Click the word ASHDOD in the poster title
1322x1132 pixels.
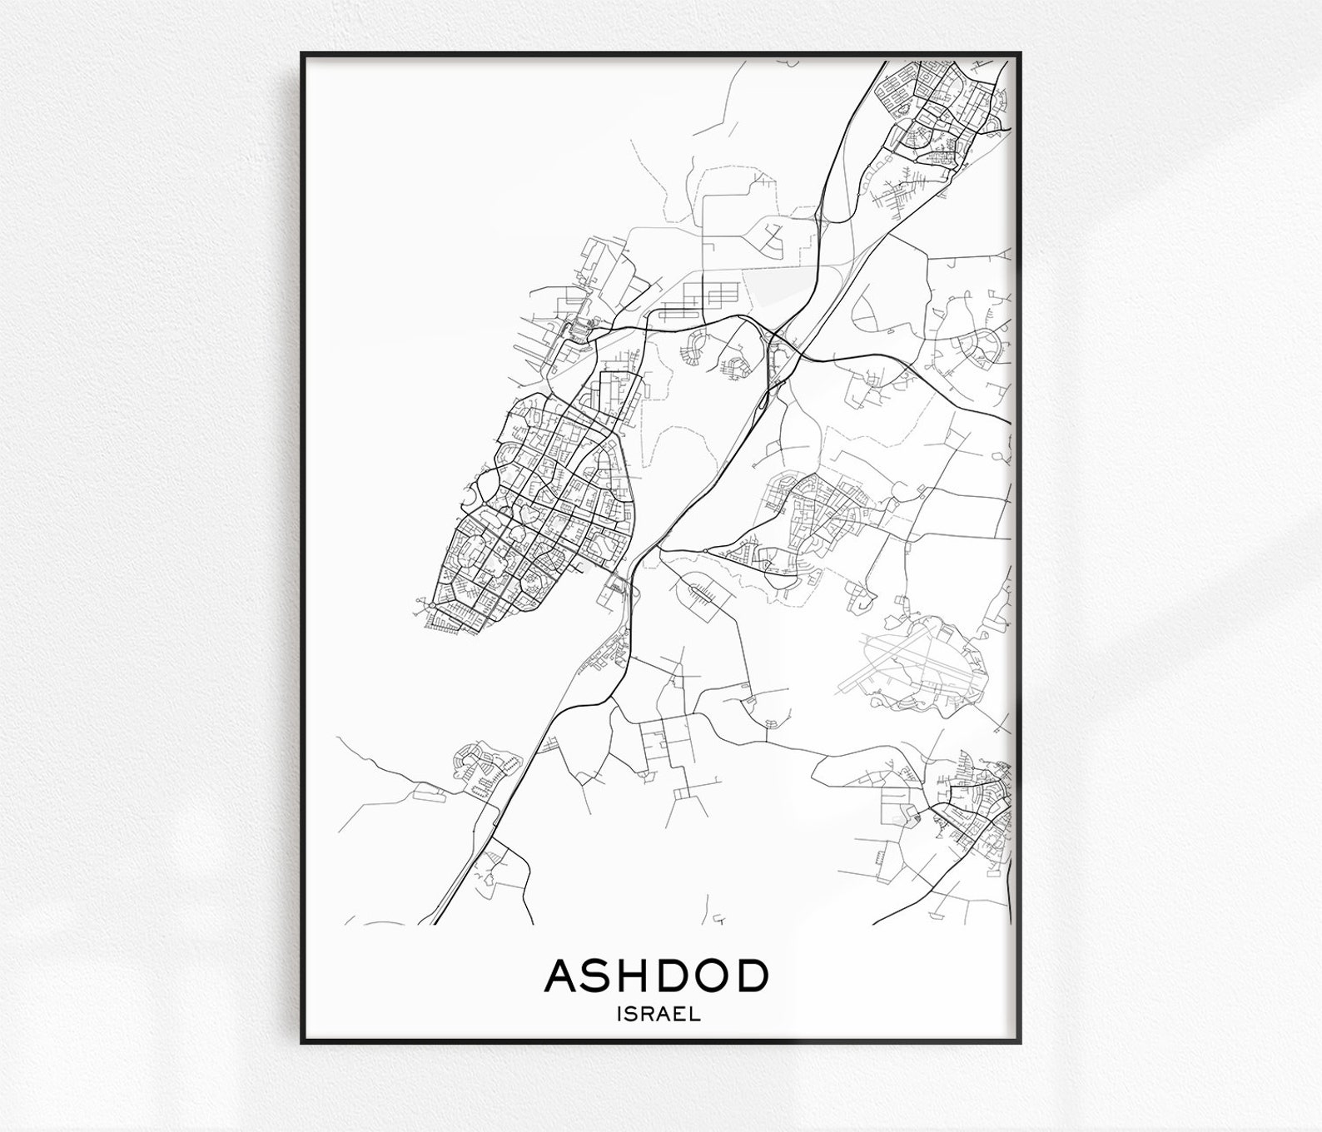pyautogui.click(x=656, y=976)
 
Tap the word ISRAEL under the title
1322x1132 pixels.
pyautogui.click(x=658, y=1015)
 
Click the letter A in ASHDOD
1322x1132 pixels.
pyautogui.click(x=560, y=976)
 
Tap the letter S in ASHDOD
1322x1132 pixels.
pyautogui.click(x=598, y=976)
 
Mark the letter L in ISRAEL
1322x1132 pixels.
pyautogui.click(x=694, y=1015)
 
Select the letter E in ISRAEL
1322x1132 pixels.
pyautogui.click(x=681, y=1015)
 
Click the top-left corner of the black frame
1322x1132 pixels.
pyautogui.click(x=303, y=54)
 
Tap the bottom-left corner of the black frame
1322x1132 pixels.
pyautogui.click(x=303, y=1042)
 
